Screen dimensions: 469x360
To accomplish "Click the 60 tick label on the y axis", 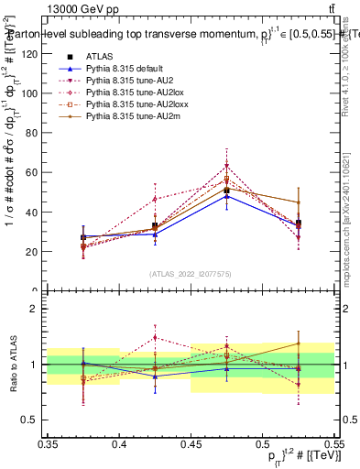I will pos(32,172).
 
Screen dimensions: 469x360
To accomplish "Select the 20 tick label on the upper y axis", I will pos(32,251).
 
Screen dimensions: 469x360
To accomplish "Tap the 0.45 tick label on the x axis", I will pos(191,443).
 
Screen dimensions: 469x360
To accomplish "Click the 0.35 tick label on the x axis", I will pos(49,443).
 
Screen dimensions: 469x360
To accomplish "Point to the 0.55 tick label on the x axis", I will pos(333,443).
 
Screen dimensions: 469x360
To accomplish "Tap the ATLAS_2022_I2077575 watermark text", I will pos(191,273).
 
